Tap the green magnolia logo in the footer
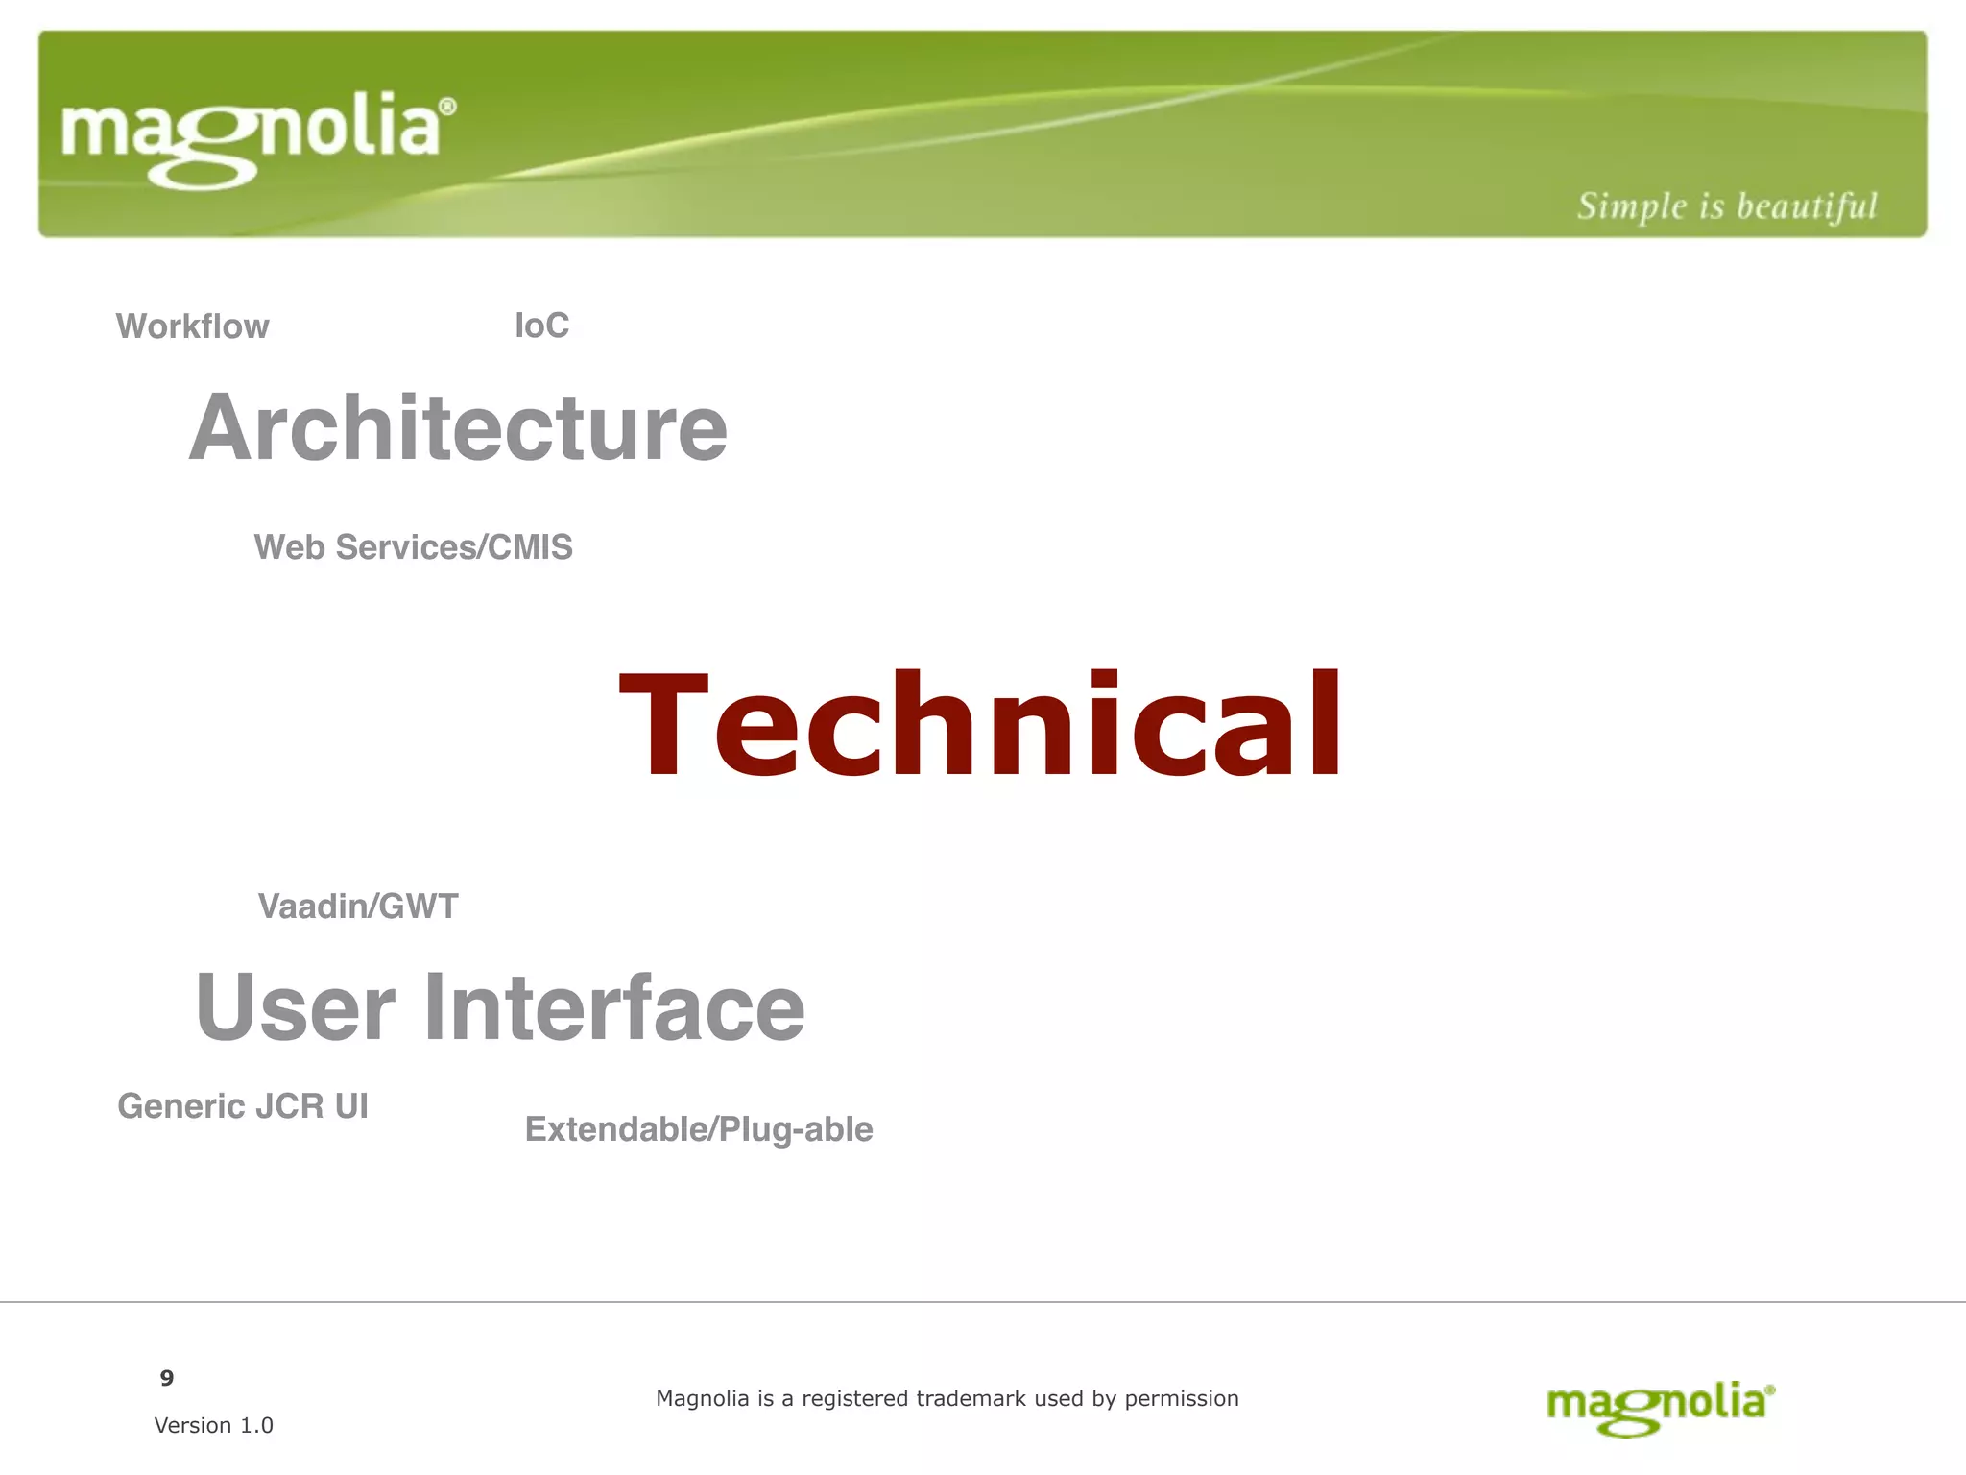[x=1660, y=1408]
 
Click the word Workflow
[x=193, y=326]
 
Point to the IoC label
[x=541, y=326]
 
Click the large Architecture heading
[x=458, y=428]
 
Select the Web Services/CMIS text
[x=413, y=547]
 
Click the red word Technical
[x=980, y=725]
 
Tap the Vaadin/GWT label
[x=358, y=907]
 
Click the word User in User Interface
[x=295, y=1007]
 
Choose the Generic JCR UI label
[x=243, y=1106]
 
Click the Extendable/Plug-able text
[x=699, y=1129]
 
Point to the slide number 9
[x=167, y=1379]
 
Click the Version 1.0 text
[x=214, y=1425]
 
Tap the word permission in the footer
[x=1182, y=1399]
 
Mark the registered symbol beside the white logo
[x=447, y=107]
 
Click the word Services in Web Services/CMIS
[x=406, y=547]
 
